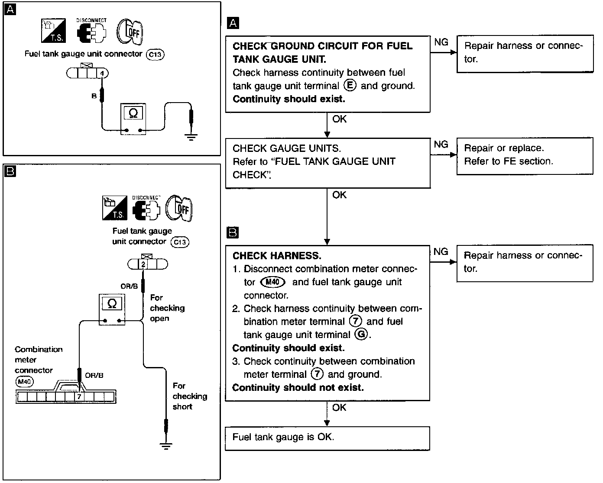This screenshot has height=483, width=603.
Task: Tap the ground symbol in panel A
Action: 191,137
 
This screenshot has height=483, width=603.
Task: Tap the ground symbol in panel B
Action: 165,445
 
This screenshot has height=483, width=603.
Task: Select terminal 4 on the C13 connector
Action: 102,73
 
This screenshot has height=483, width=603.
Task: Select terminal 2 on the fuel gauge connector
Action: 143,264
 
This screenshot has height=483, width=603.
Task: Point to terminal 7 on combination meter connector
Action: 79,396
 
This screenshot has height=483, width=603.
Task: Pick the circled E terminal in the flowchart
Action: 350,85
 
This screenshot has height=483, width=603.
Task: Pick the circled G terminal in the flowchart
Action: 360,334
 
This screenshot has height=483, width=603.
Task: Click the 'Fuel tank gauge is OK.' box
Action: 327,438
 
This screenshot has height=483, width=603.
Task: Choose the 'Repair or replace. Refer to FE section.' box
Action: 525,156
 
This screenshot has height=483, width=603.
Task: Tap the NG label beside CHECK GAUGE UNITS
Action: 441,145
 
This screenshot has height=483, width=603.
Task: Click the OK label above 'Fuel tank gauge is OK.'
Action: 339,408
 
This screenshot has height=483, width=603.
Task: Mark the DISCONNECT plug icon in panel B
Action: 146,208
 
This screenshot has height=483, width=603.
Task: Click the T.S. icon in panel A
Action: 53,31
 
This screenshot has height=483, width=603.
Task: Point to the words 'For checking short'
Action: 189,396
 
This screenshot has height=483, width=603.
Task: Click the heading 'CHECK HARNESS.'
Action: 277,256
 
